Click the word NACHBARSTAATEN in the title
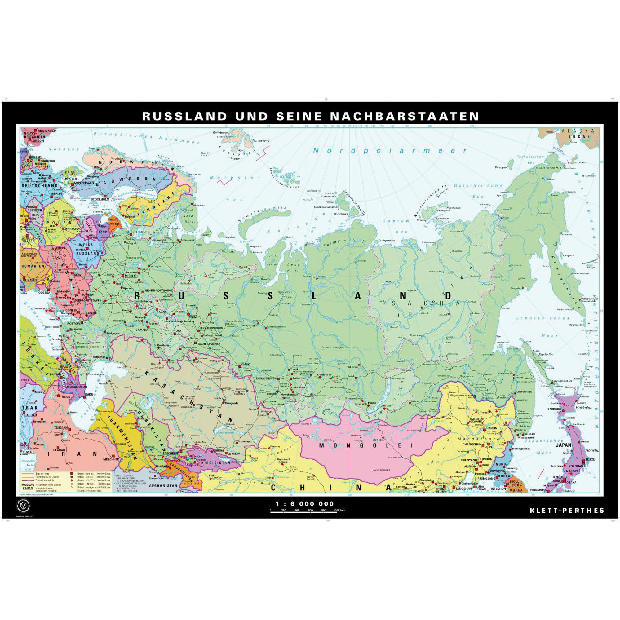coord(404,116)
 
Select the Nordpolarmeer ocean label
coord(390,151)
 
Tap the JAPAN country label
coord(564,445)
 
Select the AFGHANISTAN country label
coord(163,486)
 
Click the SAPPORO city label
coord(554,410)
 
